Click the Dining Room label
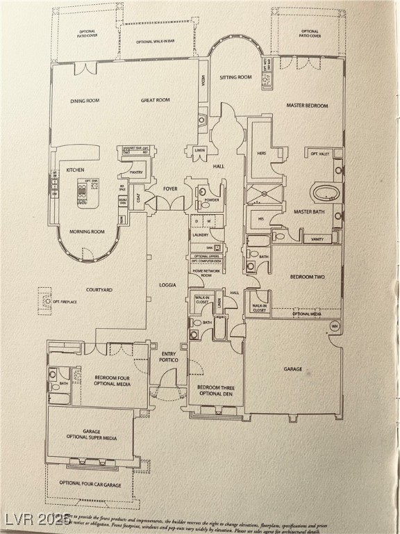[85, 101]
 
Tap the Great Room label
[156, 101]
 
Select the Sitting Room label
[235, 77]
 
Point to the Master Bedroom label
[308, 106]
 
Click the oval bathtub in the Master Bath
[325, 192]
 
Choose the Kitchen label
[75, 170]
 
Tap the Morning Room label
[87, 232]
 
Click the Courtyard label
[99, 290]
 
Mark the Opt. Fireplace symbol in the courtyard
[44, 300]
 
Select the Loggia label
[167, 285]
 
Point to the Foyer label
[170, 188]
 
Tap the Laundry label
[201, 235]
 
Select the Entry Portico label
[169, 357]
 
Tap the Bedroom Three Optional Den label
[215, 390]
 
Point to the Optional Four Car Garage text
[91, 483]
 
